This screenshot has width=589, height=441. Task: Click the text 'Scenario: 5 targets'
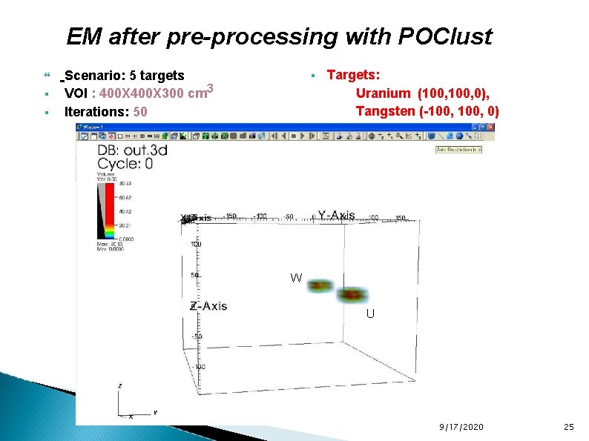125,76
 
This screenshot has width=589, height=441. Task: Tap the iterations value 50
139,112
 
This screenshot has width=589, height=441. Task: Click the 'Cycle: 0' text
125,163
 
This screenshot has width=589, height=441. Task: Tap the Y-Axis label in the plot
335,215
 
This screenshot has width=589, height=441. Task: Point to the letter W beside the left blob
296,278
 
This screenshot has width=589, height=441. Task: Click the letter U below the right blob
369,314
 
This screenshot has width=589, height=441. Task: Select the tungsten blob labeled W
321,285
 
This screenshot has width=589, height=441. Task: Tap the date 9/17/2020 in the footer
461,427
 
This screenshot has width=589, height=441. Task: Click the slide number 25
569,427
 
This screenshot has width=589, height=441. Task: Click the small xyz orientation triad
128,404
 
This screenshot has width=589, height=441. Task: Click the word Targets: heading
354,75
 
